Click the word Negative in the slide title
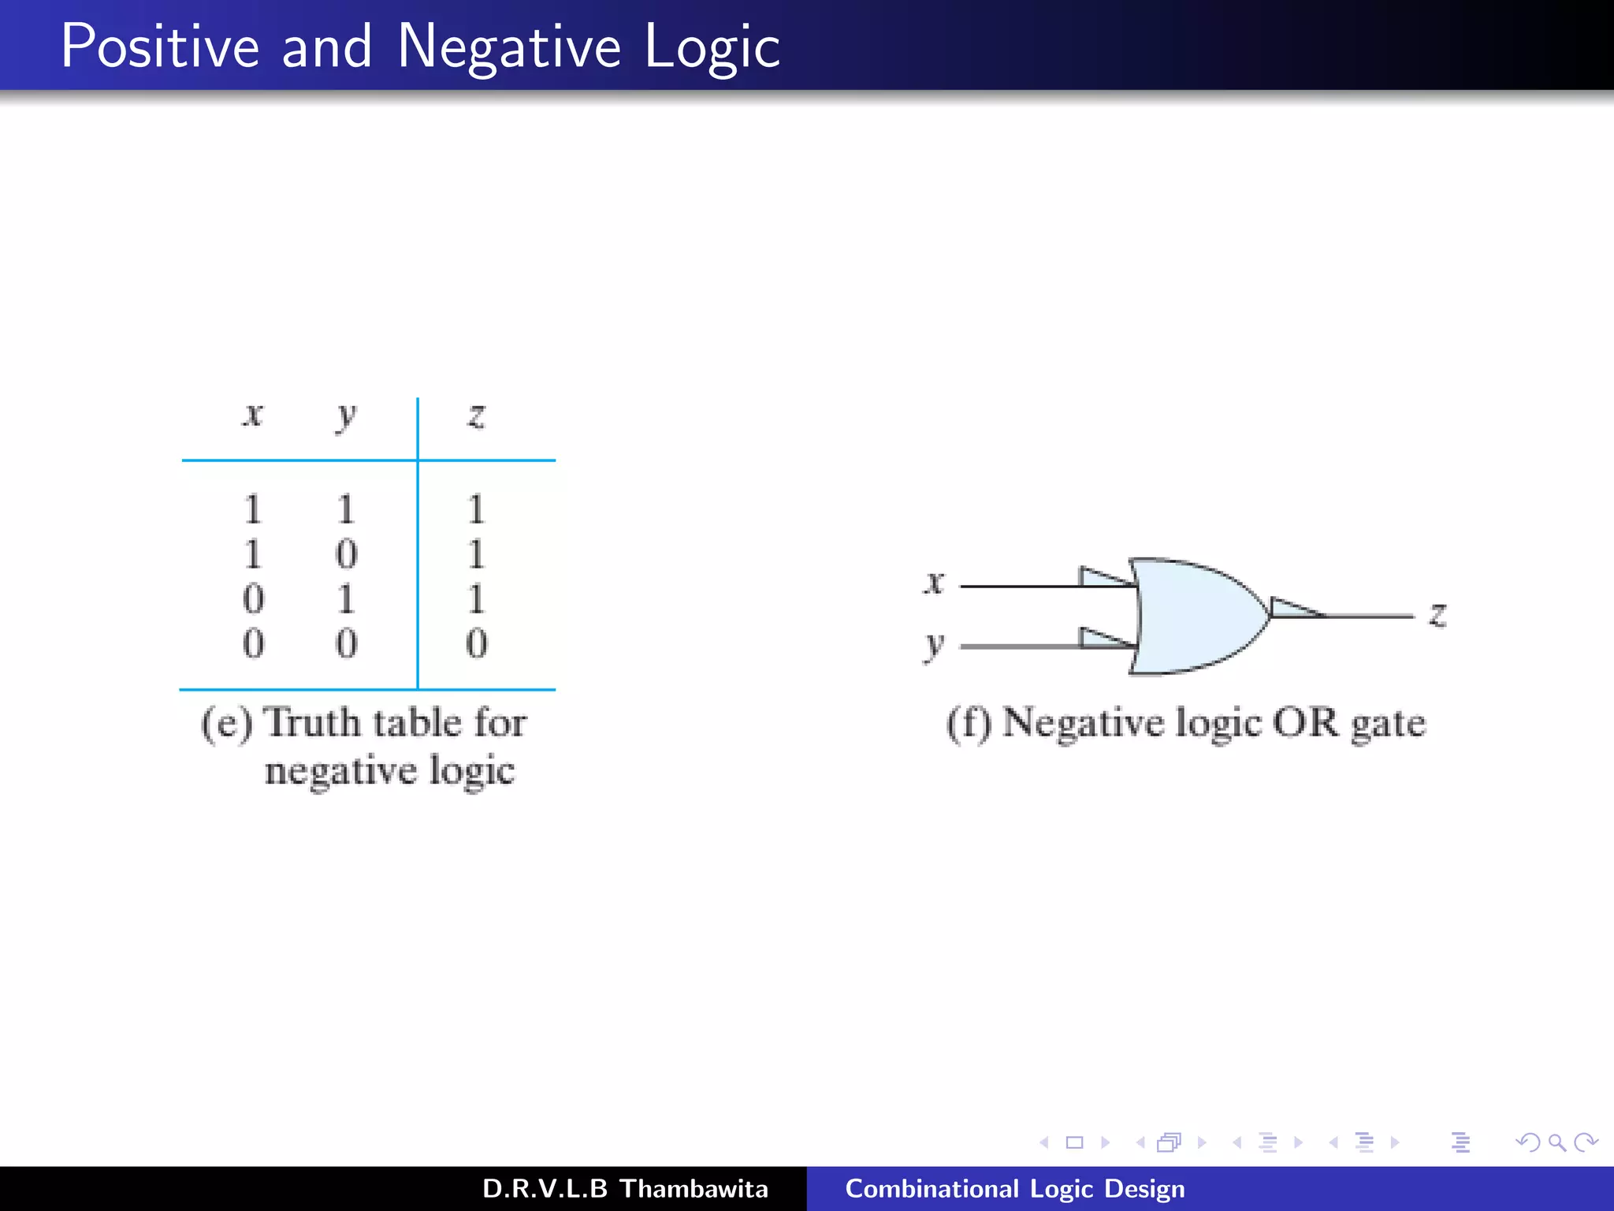(509, 47)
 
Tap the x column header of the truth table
(252, 415)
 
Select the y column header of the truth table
(346, 416)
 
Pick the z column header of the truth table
(476, 415)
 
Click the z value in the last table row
(476, 643)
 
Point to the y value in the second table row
(346, 554)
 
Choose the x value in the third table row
(253, 599)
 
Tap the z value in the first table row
(476, 509)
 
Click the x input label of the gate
(934, 583)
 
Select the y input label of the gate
(934, 646)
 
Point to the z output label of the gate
(1437, 614)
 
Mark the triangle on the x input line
(1102, 578)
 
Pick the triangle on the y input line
(1102, 639)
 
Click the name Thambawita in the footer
(694, 1189)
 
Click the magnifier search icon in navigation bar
(1556, 1142)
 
